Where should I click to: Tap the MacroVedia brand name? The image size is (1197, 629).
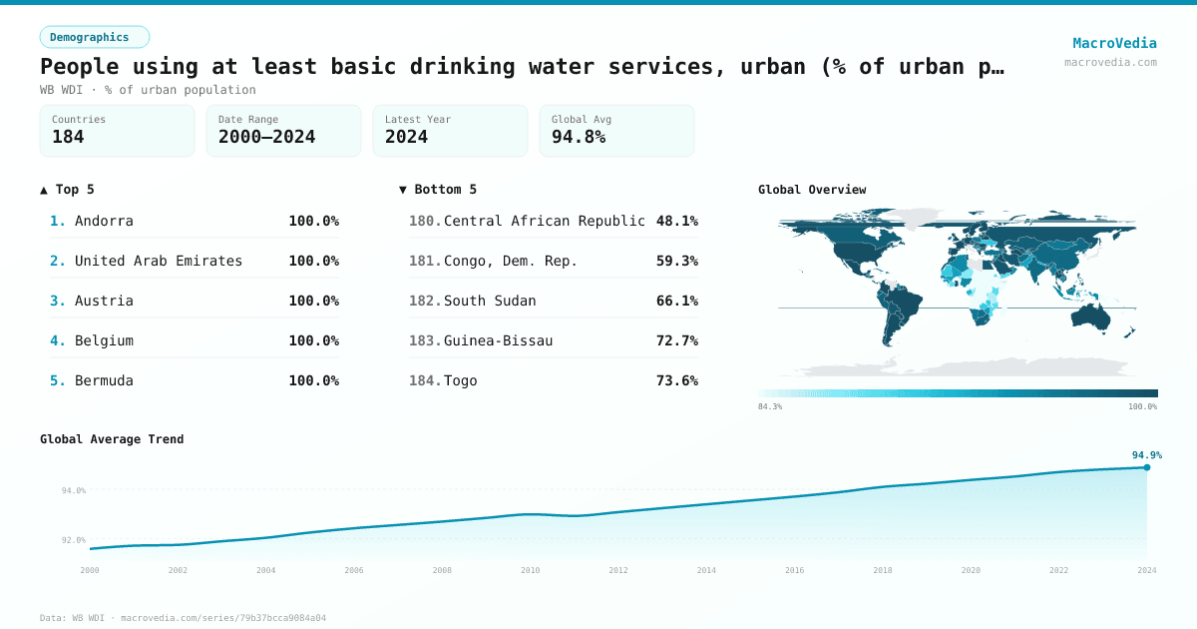click(x=1114, y=43)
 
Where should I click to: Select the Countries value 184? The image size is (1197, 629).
click(x=68, y=137)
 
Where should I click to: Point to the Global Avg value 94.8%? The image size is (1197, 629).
click(x=579, y=137)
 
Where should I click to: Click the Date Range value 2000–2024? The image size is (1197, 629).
click(x=266, y=137)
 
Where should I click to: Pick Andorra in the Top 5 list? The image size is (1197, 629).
click(x=104, y=221)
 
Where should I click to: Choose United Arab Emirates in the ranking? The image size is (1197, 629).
click(x=159, y=261)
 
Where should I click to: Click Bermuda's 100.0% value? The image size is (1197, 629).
click(x=313, y=380)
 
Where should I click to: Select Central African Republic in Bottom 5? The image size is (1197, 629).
click(x=545, y=221)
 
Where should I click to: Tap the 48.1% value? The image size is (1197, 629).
click(x=677, y=221)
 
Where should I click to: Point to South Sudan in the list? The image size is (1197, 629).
click(x=490, y=301)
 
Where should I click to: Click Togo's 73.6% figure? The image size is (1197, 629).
click(x=677, y=380)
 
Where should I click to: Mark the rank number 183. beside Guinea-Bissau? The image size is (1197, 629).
click(x=425, y=340)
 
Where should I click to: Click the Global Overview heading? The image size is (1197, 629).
click(x=812, y=190)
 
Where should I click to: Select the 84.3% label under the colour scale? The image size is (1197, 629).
click(x=770, y=406)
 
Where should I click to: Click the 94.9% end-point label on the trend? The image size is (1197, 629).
click(x=1146, y=455)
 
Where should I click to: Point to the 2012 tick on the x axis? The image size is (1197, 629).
click(x=618, y=570)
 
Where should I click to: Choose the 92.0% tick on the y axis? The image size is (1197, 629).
click(x=74, y=540)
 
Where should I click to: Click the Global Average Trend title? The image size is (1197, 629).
click(x=112, y=439)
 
